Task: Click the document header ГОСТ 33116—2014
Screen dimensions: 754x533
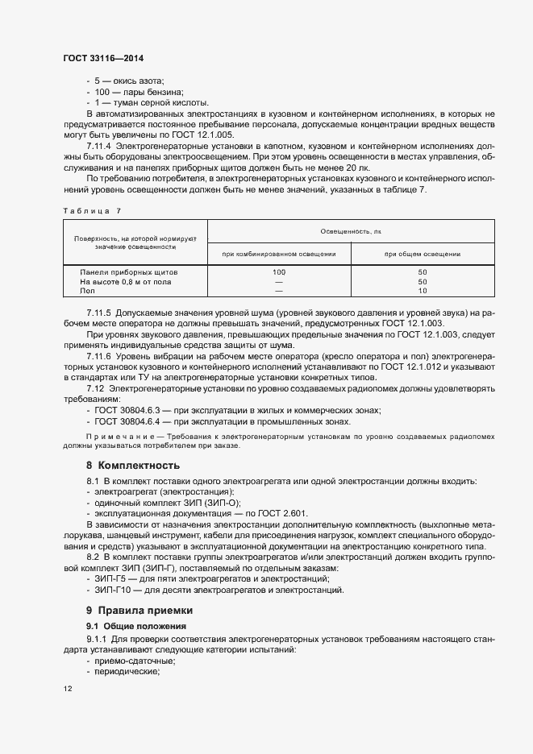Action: (x=102, y=60)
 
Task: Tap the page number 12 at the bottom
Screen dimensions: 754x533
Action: (x=67, y=688)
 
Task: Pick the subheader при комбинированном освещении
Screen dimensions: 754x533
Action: (x=279, y=254)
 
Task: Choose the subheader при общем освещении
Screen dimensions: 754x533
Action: (x=422, y=254)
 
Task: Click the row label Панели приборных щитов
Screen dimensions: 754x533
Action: (x=129, y=272)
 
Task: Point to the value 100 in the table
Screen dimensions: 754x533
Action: (x=279, y=272)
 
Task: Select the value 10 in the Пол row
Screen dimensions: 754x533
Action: (x=422, y=291)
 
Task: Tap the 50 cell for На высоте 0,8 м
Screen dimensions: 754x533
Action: (x=422, y=282)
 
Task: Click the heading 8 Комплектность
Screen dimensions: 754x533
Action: (x=133, y=466)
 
